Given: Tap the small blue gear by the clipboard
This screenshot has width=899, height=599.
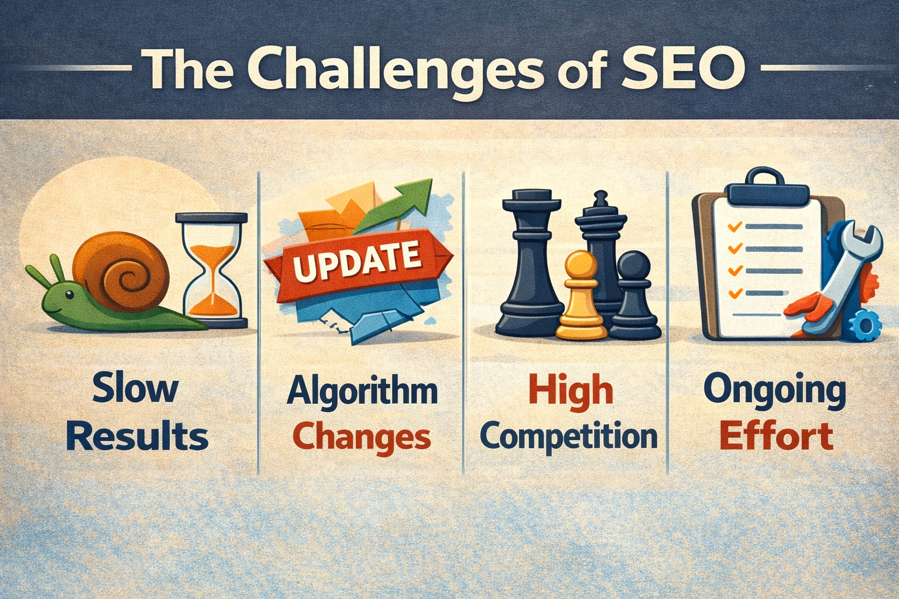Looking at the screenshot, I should click(865, 325).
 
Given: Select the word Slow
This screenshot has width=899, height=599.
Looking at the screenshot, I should click(136, 388).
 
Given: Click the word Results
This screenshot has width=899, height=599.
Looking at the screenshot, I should click(138, 436).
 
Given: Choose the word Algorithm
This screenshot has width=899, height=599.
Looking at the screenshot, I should click(362, 391).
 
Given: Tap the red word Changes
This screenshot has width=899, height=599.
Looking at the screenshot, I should click(362, 438).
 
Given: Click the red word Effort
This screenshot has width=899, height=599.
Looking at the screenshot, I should click(776, 436).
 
